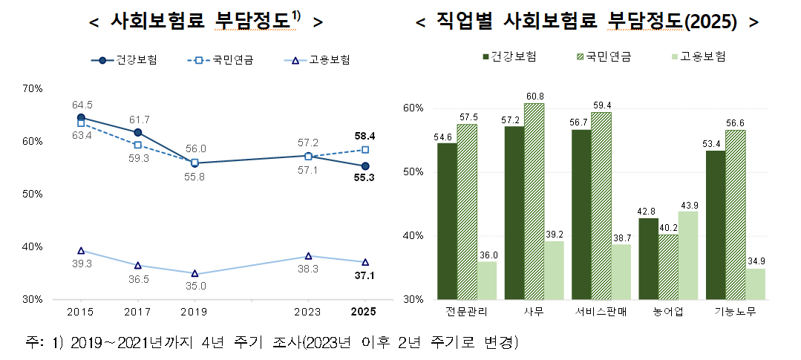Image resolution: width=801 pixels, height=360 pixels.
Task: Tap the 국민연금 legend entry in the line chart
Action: [x=231, y=60]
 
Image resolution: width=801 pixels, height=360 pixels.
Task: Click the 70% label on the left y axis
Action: [x=33, y=88]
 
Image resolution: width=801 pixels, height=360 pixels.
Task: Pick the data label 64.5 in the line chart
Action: [x=82, y=105]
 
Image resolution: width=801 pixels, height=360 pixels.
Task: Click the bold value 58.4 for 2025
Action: [x=364, y=137]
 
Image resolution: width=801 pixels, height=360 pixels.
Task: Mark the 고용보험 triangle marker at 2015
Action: [x=81, y=251]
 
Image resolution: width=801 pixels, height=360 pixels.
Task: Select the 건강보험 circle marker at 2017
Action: [x=138, y=133]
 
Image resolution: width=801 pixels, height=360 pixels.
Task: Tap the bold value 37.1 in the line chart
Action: [x=364, y=276]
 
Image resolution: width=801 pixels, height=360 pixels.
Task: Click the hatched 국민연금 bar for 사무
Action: [x=534, y=201]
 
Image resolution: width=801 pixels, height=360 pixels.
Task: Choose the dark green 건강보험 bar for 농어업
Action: [x=648, y=258]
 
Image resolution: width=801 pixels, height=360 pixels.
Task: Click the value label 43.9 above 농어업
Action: [x=689, y=205]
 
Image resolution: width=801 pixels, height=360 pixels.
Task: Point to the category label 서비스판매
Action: [x=601, y=312]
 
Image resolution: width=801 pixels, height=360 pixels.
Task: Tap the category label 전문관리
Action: [x=467, y=312]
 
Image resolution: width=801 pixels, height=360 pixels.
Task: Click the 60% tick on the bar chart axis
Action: [x=413, y=108]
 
